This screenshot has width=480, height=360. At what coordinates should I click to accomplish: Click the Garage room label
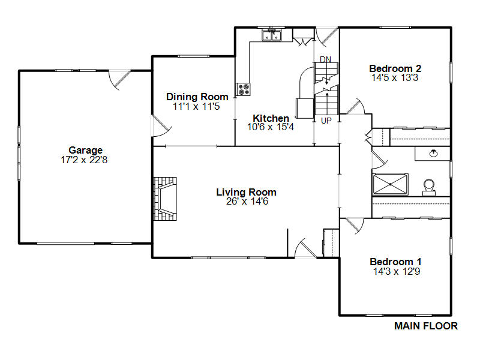pyautogui.click(x=85, y=150)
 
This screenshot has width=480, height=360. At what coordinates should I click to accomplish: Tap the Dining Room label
pyautogui.click(x=197, y=97)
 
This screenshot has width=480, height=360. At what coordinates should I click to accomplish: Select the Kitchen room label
pyautogui.click(x=271, y=118)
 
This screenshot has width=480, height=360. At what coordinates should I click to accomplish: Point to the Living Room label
pyautogui.click(x=246, y=192)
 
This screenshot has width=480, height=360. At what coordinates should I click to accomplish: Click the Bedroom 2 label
pyautogui.click(x=395, y=68)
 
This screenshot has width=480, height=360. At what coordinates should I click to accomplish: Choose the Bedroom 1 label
pyautogui.click(x=395, y=262)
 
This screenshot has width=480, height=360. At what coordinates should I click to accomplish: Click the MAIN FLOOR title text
pyautogui.click(x=425, y=326)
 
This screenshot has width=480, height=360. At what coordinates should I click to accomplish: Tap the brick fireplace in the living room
pyautogui.click(x=165, y=199)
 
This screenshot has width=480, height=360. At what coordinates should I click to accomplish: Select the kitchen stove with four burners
pyautogui.click(x=243, y=89)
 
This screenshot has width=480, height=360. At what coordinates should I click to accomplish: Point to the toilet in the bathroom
pyautogui.click(x=429, y=187)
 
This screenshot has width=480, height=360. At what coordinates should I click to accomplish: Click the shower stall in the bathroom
pyautogui.click(x=390, y=184)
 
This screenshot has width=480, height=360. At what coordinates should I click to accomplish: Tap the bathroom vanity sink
pyautogui.click(x=433, y=153)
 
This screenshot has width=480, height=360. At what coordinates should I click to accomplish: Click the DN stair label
pyautogui.click(x=325, y=59)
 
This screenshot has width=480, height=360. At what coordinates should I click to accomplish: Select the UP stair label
pyautogui.click(x=326, y=121)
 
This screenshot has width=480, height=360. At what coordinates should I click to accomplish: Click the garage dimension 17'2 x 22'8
pyautogui.click(x=85, y=160)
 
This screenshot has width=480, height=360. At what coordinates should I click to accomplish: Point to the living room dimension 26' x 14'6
pyautogui.click(x=246, y=202)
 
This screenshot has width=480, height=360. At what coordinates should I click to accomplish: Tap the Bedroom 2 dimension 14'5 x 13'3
pyautogui.click(x=395, y=78)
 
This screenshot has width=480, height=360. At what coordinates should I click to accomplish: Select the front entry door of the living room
pyautogui.click(x=306, y=248)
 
